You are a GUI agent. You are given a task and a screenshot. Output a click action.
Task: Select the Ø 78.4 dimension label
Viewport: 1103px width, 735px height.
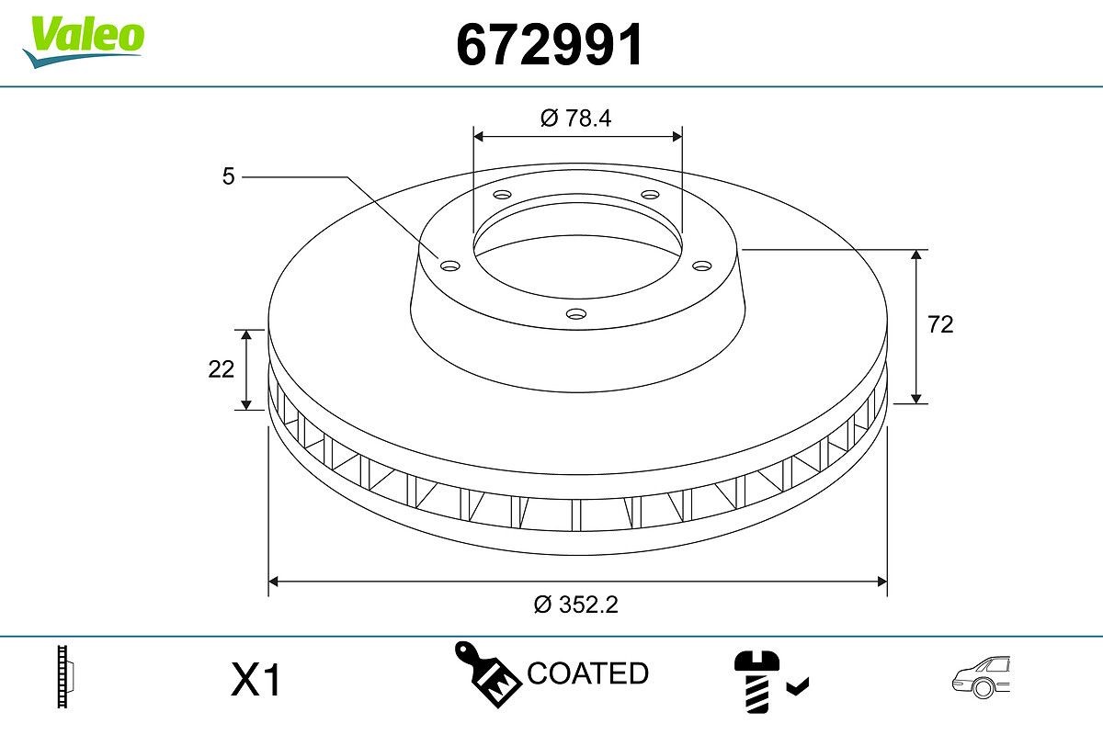[576, 118]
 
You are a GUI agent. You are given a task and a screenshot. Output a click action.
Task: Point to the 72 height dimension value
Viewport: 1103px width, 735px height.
[940, 324]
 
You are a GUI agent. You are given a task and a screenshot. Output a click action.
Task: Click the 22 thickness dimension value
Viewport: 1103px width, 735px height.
[222, 368]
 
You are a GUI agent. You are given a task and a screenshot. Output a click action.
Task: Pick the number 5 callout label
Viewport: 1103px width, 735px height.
[229, 176]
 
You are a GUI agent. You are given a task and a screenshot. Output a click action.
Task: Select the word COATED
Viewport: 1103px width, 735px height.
[588, 673]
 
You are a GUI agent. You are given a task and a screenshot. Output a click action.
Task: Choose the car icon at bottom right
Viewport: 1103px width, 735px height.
[981, 679]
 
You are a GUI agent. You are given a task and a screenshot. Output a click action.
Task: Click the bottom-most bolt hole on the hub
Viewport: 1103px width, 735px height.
[576, 314]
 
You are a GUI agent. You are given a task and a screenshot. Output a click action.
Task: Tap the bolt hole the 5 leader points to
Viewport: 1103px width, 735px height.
[449, 266]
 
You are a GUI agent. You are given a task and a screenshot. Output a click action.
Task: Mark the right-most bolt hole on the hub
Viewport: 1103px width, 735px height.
[703, 266]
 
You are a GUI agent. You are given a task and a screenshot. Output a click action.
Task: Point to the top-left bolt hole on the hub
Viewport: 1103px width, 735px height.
[502, 195]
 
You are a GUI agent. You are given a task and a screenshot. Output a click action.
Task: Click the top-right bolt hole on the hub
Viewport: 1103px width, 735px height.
[651, 195]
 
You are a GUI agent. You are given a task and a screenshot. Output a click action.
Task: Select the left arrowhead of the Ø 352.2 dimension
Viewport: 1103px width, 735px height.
[273, 581]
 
